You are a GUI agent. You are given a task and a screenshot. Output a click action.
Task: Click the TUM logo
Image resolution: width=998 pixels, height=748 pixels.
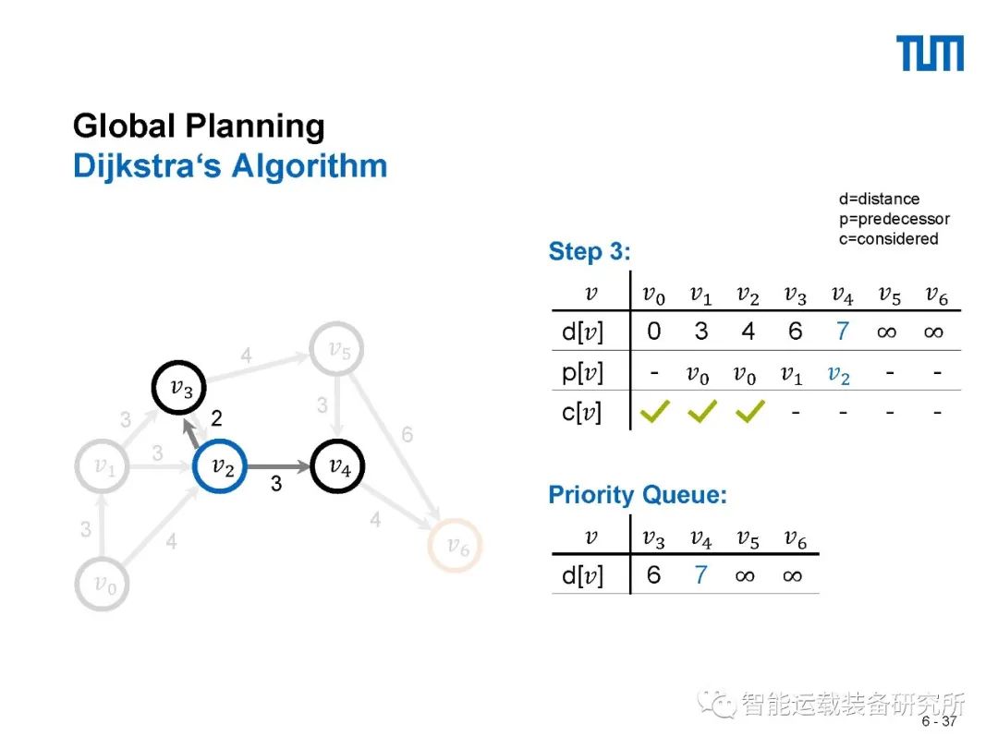click(930, 54)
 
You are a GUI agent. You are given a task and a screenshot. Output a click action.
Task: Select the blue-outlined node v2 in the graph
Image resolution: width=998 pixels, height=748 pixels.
click(222, 467)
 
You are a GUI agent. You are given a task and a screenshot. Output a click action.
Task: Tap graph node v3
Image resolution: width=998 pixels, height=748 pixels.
click(179, 388)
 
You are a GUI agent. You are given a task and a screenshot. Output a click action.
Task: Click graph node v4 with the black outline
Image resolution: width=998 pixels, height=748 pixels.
click(339, 467)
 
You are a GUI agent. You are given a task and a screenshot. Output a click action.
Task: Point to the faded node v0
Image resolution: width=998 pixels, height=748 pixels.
click(103, 584)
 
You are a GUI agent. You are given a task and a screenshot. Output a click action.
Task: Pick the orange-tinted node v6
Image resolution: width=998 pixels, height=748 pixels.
click(456, 547)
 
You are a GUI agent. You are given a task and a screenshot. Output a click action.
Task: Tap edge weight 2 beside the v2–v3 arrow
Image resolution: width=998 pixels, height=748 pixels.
click(216, 419)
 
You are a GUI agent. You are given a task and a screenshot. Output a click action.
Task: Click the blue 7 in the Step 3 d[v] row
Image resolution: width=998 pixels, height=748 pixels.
click(841, 332)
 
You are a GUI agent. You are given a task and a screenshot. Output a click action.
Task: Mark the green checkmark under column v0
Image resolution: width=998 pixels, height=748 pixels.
click(654, 412)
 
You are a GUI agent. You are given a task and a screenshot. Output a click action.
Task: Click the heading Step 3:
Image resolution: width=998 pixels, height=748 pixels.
click(590, 251)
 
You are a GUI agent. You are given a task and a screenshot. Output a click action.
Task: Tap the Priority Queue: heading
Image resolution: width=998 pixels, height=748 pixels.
click(638, 495)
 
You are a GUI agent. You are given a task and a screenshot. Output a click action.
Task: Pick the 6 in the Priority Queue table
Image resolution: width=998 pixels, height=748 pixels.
click(654, 575)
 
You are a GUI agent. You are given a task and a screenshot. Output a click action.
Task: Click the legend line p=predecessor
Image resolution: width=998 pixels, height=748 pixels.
click(894, 219)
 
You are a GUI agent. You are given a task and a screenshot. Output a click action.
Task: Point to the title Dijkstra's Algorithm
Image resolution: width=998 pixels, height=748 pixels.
click(230, 166)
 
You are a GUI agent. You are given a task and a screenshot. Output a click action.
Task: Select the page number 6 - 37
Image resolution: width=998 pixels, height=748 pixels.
click(939, 721)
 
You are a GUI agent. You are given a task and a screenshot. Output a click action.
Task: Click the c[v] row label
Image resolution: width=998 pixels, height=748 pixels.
click(581, 413)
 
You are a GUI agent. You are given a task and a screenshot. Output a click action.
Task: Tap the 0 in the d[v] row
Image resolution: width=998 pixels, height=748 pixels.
click(654, 332)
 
